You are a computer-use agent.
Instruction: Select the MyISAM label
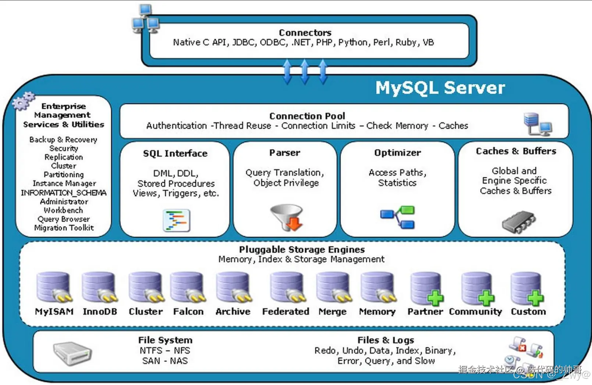click(x=54, y=311)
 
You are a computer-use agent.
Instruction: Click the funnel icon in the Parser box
click(x=287, y=217)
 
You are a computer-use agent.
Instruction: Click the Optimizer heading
click(x=397, y=153)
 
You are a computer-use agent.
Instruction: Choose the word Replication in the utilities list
click(x=64, y=157)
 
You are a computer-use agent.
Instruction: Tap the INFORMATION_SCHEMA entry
click(x=64, y=193)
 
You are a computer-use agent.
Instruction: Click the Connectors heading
click(x=305, y=33)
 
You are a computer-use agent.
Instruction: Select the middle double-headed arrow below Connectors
click(x=305, y=72)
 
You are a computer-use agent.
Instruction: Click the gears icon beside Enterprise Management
click(x=23, y=101)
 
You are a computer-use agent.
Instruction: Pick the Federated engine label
click(x=286, y=311)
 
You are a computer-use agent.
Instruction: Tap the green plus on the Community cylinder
click(x=486, y=298)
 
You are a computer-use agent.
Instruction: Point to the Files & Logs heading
click(x=386, y=340)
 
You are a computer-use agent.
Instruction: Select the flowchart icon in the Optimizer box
click(x=398, y=217)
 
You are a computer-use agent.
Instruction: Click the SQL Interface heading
click(x=175, y=153)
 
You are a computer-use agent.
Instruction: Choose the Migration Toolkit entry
click(x=64, y=228)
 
